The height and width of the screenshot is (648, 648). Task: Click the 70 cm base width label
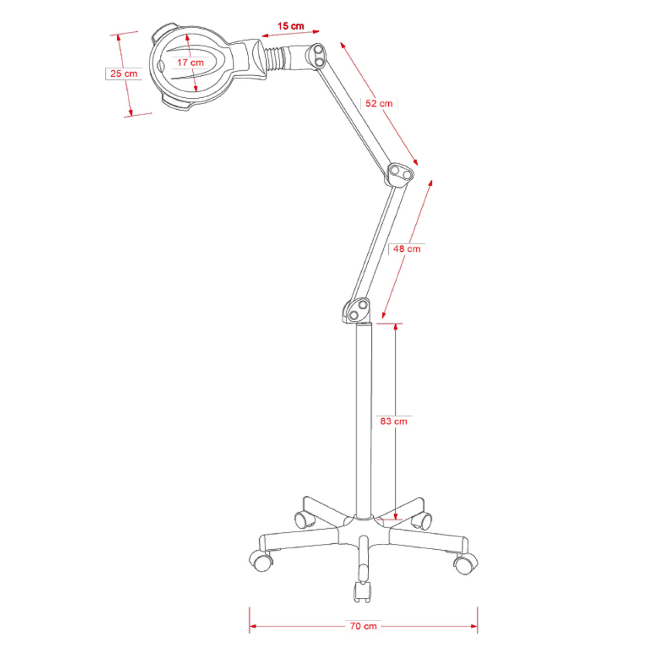tap(363, 626)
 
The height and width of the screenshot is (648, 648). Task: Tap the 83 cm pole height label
tap(393, 421)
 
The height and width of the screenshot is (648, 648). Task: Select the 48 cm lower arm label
tap(407, 249)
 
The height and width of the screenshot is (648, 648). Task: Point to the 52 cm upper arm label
tap(379, 103)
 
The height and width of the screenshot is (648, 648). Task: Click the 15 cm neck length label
tap(291, 26)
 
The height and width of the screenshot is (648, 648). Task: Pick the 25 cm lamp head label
tap(124, 73)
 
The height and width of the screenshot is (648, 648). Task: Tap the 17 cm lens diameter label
tap(191, 63)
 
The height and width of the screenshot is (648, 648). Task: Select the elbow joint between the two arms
tap(400, 174)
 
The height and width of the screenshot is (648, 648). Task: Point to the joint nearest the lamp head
tap(318, 57)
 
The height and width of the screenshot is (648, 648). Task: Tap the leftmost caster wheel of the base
tap(261, 560)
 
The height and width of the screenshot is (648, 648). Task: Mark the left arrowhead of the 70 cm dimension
tap(252, 626)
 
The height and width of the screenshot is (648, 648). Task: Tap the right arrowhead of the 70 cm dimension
tap(475, 626)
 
